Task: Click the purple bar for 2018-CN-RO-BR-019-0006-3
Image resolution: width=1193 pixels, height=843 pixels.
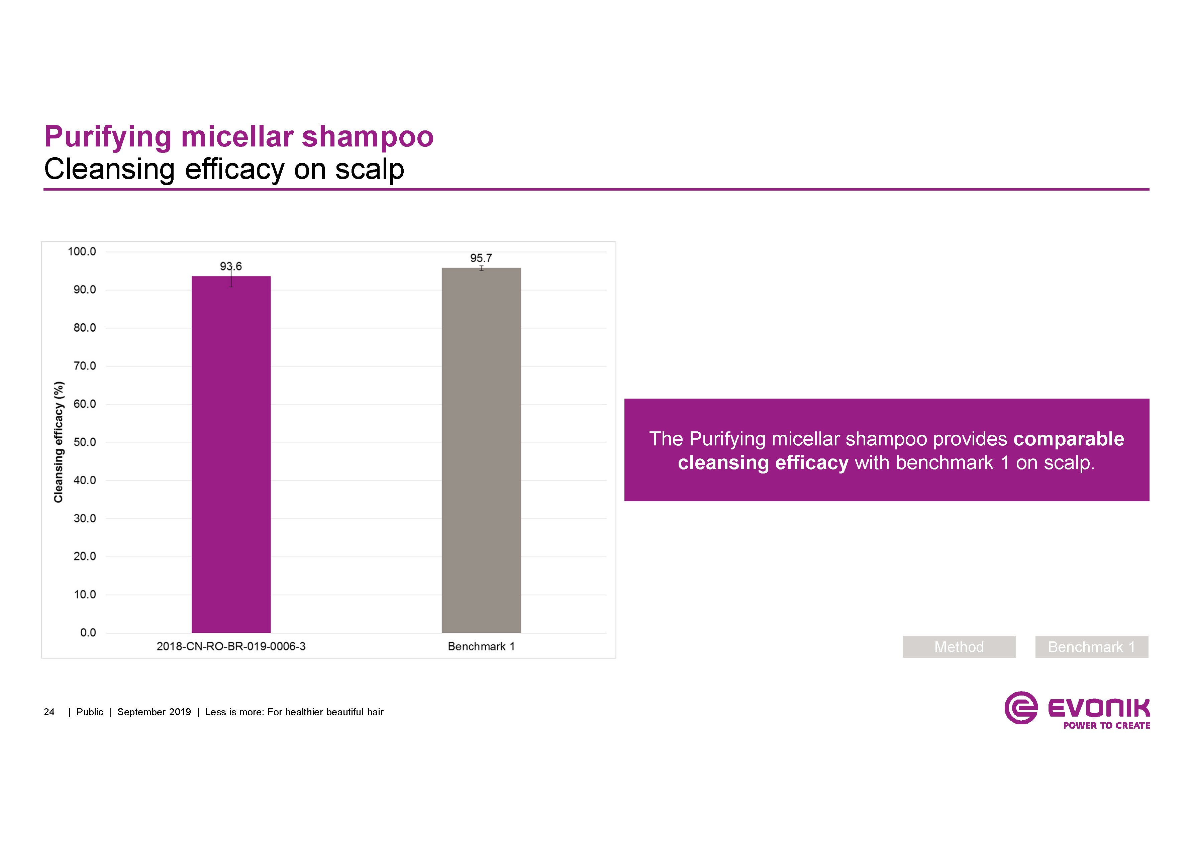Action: coord(231,454)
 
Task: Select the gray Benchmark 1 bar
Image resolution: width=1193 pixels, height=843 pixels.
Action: coord(481,450)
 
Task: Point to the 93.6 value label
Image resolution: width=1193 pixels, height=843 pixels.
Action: coord(231,267)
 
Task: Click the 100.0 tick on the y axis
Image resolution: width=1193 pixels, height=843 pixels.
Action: coord(82,252)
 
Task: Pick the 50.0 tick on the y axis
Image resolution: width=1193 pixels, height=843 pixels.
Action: coord(85,442)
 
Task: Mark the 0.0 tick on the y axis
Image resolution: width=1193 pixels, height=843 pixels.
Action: coord(88,633)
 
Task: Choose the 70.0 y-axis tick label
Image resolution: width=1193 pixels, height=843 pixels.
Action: coord(85,366)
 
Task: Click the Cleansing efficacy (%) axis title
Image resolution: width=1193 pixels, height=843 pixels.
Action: coord(59,442)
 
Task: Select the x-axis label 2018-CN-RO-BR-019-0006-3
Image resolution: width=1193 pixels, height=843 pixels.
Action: coord(231,647)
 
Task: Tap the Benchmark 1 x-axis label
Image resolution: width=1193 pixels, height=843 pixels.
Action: coord(481,647)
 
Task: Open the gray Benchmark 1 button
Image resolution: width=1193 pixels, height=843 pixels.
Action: coord(1091,647)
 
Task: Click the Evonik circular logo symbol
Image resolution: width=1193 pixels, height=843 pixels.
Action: coord(1020,708)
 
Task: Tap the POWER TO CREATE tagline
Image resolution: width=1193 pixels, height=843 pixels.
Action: coord(1106,726)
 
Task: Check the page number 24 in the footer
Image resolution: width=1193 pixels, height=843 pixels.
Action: coord(49,712)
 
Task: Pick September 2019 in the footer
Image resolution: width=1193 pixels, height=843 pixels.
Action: coord(154,712)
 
